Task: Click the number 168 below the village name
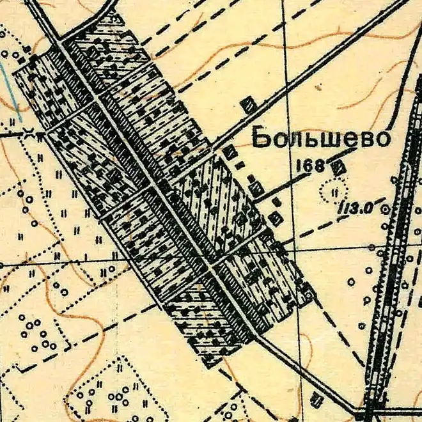coord(311,166)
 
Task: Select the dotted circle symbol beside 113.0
coord(333,189)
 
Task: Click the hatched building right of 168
coord(338,168)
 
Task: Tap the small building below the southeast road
coord(316,400)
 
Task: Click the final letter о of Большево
coord(380,140)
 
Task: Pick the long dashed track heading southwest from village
coord(96,332)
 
